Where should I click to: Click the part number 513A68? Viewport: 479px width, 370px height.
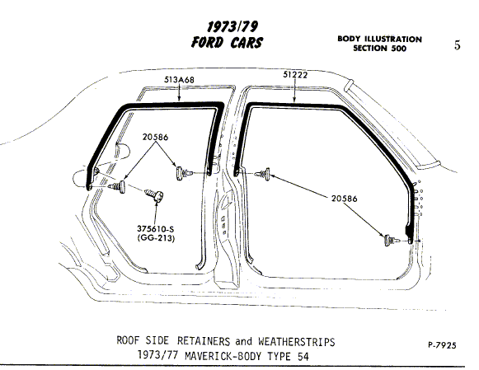179,80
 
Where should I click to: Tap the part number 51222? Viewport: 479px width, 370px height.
295,75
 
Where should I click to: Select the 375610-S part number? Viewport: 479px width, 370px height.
156,228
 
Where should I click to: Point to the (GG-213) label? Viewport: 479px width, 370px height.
156,238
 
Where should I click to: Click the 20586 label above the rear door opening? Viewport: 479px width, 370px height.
155,137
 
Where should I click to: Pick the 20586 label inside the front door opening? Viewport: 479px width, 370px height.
345,199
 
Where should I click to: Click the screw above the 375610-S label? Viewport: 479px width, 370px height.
154,194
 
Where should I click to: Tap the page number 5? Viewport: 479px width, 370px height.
457,45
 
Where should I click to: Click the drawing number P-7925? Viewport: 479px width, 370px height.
442,345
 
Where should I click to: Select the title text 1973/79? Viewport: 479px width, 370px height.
232,27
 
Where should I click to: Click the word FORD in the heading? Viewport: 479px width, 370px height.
208,42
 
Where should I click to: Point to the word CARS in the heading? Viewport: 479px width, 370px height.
247,42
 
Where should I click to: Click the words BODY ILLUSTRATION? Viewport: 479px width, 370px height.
380,39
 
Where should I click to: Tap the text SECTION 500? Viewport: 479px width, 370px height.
380,49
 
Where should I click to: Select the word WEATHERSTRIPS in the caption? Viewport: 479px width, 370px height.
296,341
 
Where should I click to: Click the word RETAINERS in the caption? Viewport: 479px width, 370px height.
204,341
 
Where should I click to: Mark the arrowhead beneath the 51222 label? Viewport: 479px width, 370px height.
294,99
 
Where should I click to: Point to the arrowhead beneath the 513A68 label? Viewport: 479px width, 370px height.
179,98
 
